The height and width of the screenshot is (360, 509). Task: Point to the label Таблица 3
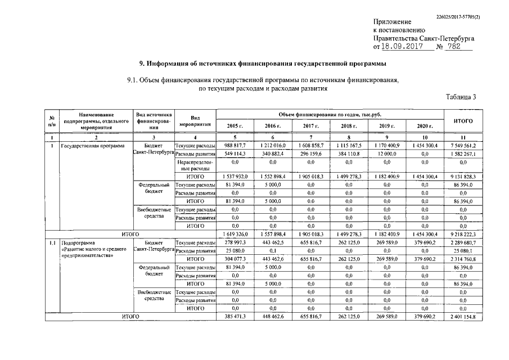click(460, 97)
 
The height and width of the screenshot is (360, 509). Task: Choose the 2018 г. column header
click(349, 125)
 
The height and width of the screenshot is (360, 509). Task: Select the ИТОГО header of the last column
click(462, 120)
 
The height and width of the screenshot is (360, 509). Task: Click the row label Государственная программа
click(94, 145)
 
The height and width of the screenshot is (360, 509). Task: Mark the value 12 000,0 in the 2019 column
click(386, 153)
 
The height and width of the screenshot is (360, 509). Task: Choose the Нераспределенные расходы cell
click(195, 165)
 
